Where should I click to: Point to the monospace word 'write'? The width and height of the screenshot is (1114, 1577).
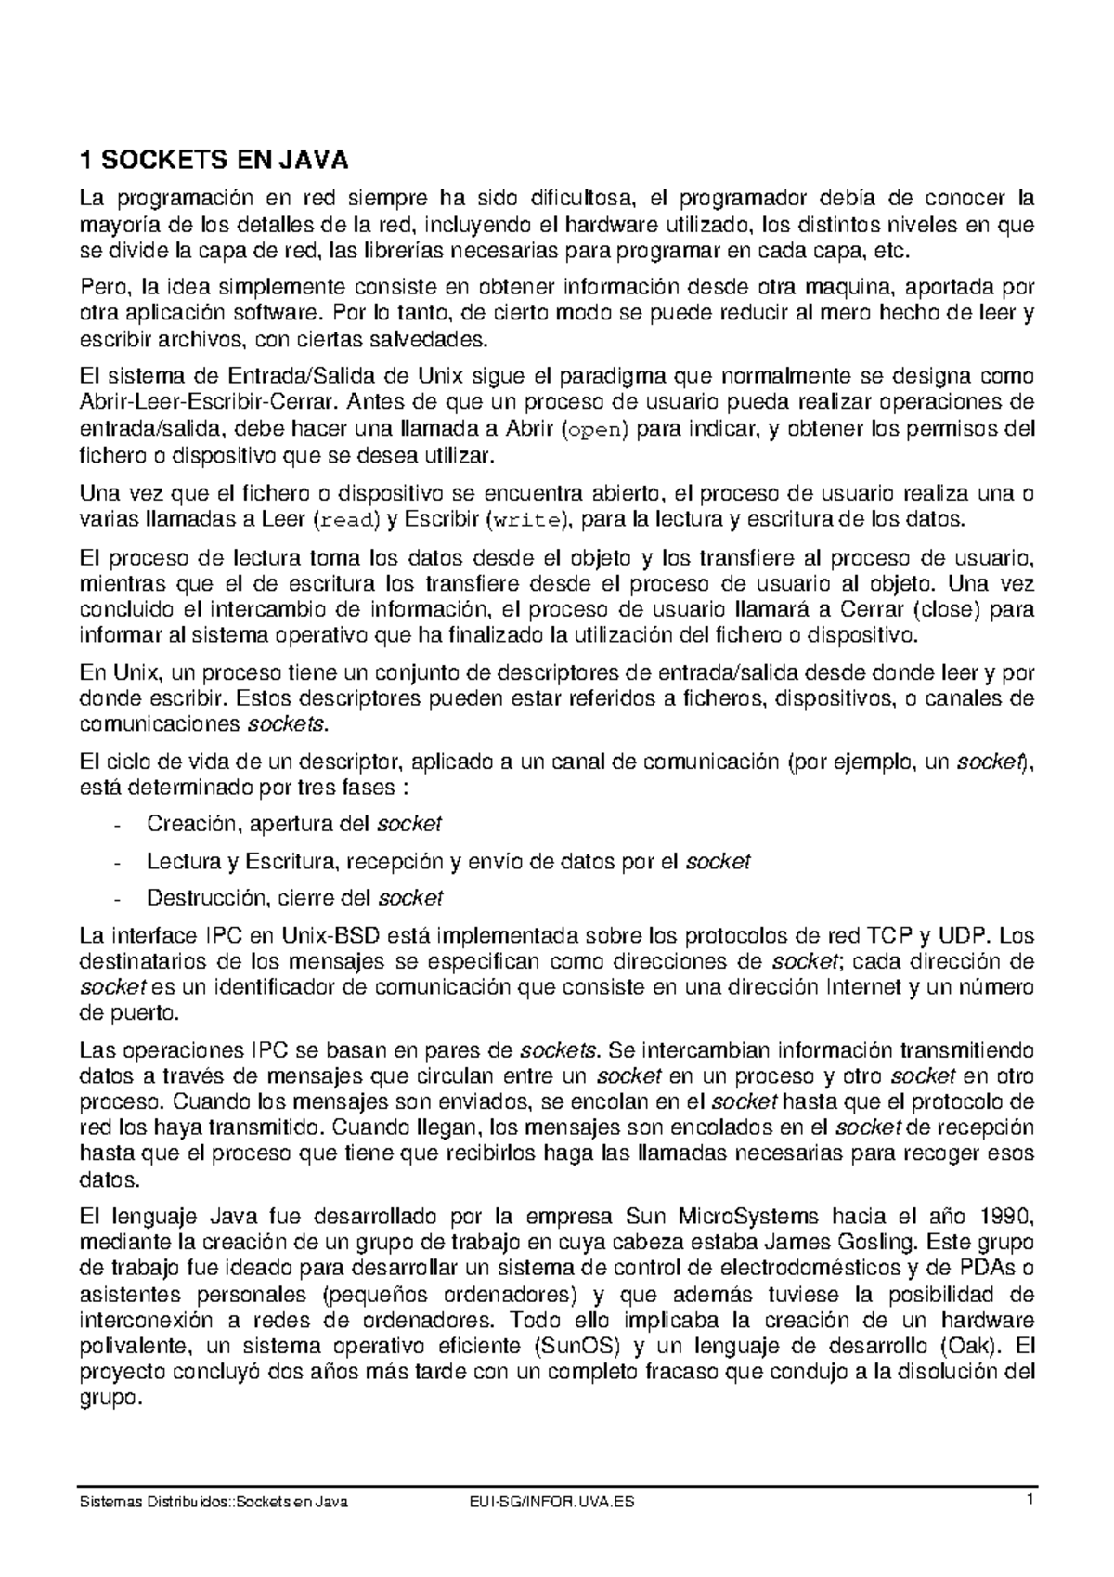tap(526, 519)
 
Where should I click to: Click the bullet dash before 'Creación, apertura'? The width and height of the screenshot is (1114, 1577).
tap(115, 825)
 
